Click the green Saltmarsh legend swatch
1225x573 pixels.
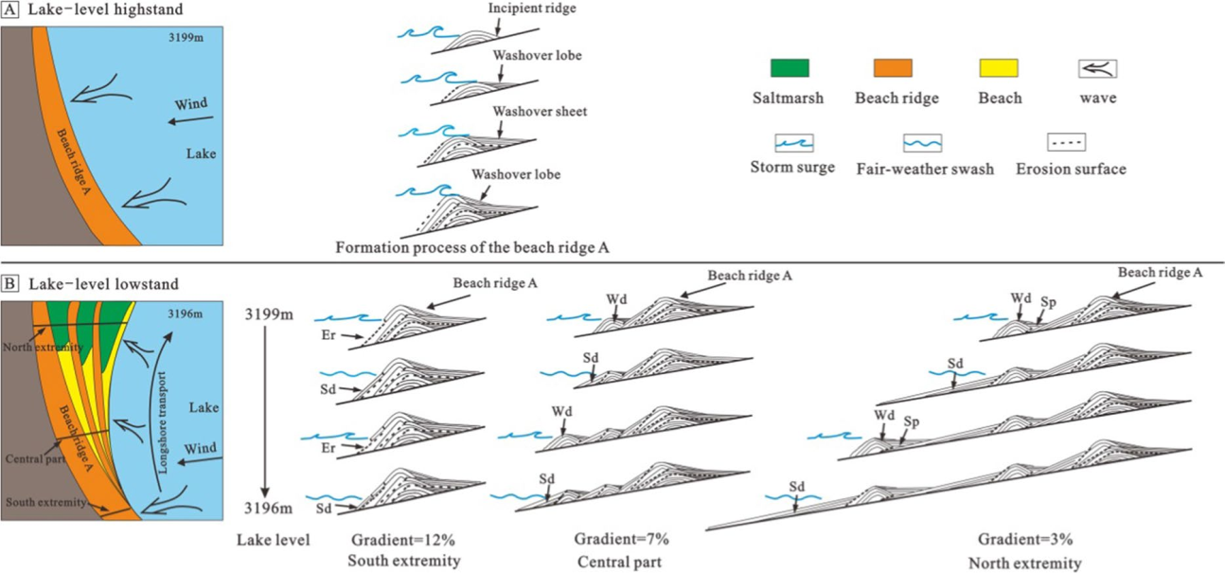(789, 67)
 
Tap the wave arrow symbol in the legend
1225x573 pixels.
(1098, 68)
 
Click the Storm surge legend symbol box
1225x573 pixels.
(793, 143)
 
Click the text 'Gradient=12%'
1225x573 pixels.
(391, 541)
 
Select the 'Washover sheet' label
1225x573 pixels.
(540, 112)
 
